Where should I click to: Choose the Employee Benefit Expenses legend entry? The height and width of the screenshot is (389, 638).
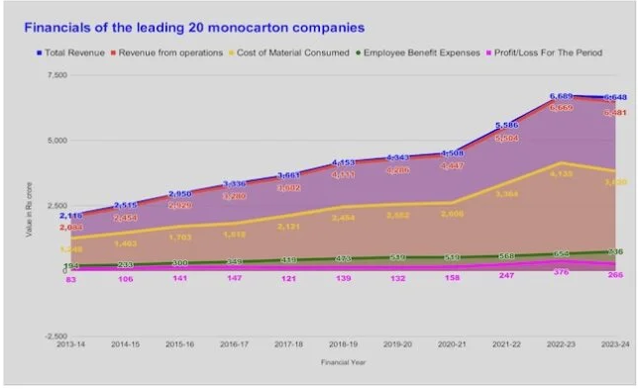(421, 51)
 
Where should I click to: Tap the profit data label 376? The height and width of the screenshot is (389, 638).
(561, 272)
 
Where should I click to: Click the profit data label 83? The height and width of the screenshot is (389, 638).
(71, 280)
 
